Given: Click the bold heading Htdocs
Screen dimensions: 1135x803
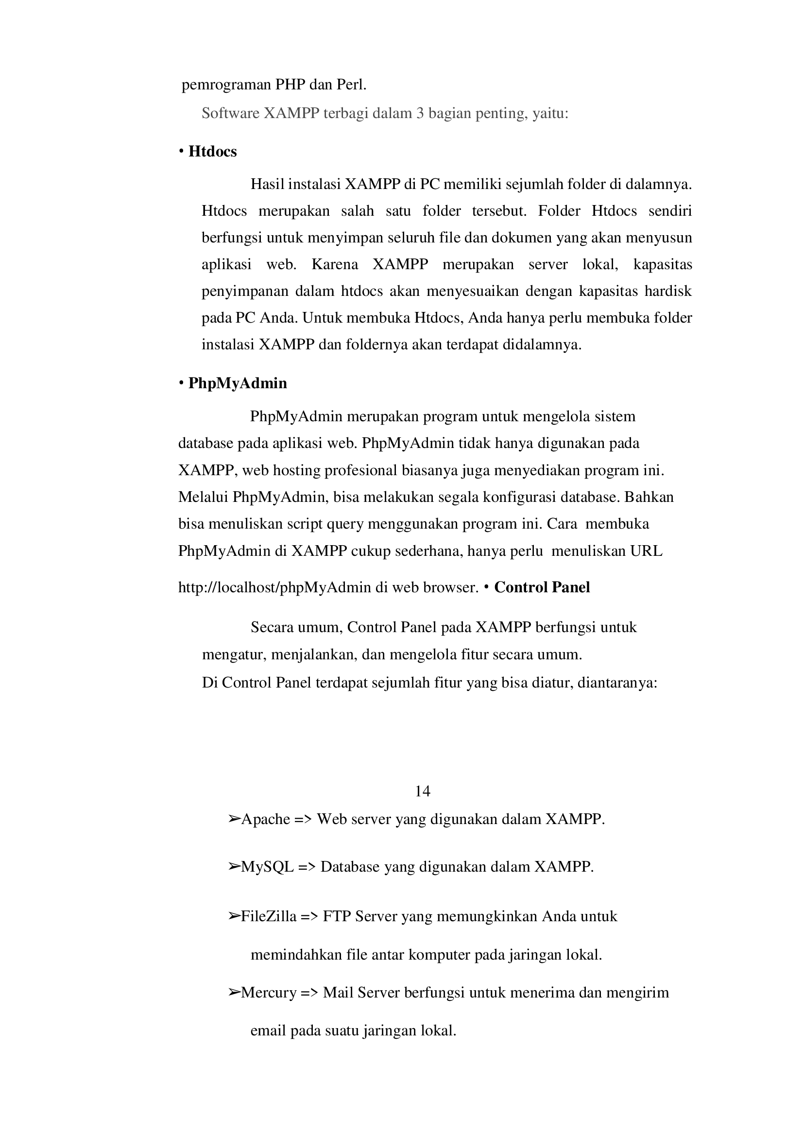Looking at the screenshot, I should pos(212,151).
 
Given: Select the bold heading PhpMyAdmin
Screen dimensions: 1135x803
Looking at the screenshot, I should pos(238,383).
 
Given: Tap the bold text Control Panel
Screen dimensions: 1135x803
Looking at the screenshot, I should pos(542,587).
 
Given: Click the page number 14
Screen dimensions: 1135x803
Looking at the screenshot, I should pos(422,791).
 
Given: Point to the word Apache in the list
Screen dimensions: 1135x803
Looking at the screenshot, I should pos(265,820).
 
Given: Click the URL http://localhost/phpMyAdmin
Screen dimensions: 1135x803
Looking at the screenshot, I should pos(274,587).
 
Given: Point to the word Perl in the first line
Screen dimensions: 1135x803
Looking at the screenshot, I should pos(351,85).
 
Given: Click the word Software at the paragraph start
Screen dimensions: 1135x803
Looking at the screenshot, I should pos(230,114).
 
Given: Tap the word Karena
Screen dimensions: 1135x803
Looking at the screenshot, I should pos(335,265).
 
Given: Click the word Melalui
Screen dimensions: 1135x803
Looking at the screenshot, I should pos(203,497).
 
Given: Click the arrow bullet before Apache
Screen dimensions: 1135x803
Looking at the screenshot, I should pos(234,820).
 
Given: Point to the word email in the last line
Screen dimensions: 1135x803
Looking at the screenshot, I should pos(268,1031).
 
